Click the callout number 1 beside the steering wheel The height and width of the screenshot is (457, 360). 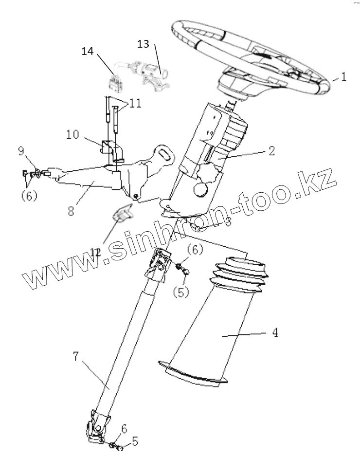[343, 77]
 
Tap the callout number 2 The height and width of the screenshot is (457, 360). [271, 150]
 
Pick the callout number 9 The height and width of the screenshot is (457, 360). [21, 152]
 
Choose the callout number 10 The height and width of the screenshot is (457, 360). [73, 133]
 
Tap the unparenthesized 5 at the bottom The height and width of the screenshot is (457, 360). [135, 441]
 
